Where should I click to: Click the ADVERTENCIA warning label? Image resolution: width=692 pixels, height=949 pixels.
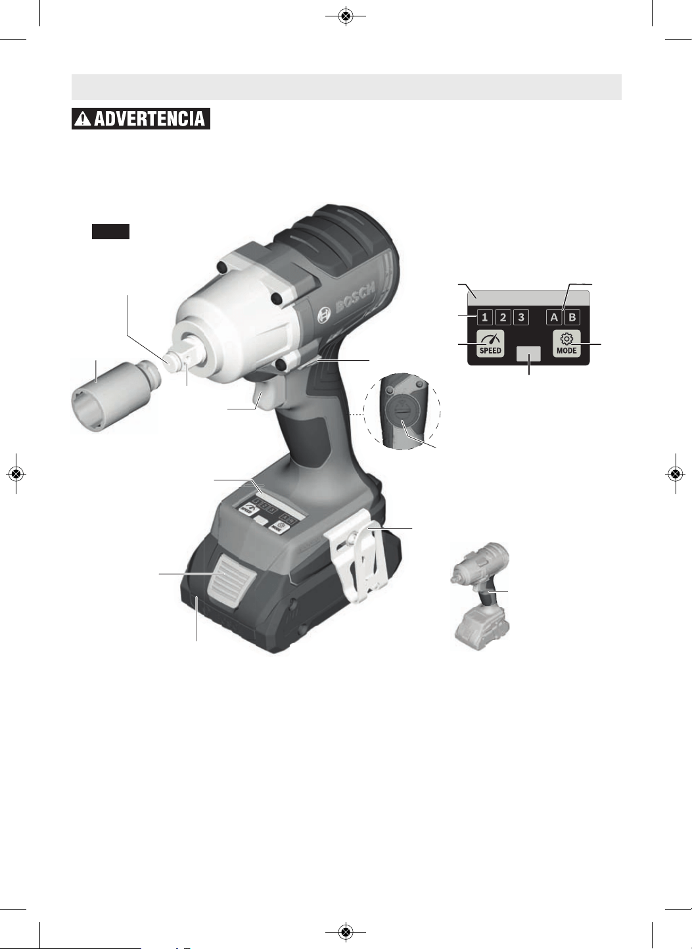click(x=141, y=118)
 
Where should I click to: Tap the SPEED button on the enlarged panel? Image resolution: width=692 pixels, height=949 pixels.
click(x=490, y=344)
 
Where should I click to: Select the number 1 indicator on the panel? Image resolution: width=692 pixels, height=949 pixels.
click(x=485, y=317)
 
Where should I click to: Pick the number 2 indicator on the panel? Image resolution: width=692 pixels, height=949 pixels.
click(x=503, y=317)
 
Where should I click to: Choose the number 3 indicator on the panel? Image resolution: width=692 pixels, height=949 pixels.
click(x=521, y=317)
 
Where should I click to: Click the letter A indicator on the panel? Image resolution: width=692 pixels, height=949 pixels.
click(x=554, y=317)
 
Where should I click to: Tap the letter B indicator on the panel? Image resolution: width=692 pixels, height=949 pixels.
click(x=572, y=317)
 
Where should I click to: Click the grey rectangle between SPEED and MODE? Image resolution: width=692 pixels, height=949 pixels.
click(x=528, y=354)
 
